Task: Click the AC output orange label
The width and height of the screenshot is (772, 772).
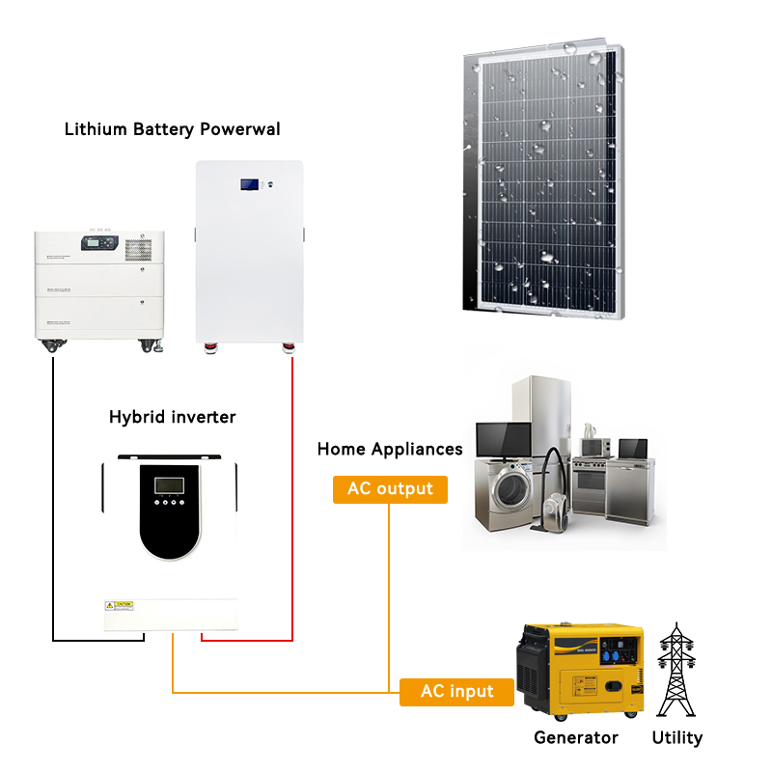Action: click(390, 488)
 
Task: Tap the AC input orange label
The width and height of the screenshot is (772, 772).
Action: click(456, 692)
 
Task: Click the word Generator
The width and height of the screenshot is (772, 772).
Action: click(576, 738)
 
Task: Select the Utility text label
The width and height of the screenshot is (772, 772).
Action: click(676, 738)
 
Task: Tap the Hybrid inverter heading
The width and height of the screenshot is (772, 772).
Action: click(173, 417)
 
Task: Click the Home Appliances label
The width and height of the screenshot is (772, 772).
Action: click(390, 449)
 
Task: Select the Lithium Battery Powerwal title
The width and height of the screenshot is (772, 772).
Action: click(173, 128)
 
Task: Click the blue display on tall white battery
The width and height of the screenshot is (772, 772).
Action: click(250, 182)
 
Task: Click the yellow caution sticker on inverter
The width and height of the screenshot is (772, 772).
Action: click(119, 605)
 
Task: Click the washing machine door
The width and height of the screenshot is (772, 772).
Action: click(510, 493)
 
